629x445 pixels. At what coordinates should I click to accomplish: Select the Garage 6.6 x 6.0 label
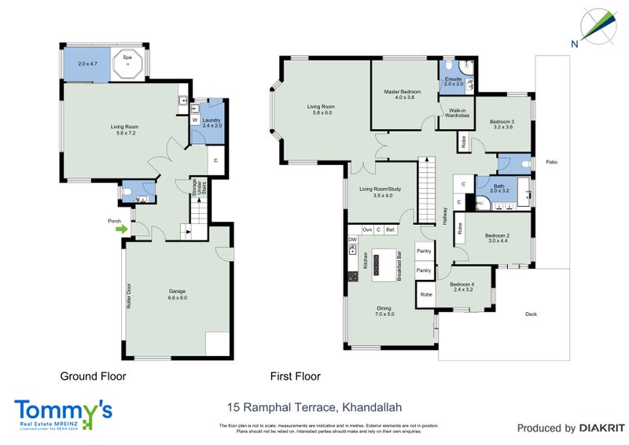[x=177, y=295]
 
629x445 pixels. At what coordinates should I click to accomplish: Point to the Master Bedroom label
[x=403, y=95]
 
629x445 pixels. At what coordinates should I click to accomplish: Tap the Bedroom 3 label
[x=502, y=123]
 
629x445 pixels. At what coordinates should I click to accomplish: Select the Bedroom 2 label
[x=498, y=238]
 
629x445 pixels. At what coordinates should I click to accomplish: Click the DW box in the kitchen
[x=352, y=239]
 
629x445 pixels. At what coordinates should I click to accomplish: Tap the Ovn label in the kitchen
[x=367, y=230]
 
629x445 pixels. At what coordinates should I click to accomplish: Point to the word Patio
[x=552, y=163]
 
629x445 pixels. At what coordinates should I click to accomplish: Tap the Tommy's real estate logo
[x=63, y=414]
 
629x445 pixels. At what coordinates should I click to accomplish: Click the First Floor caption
[x=295, y=377]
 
